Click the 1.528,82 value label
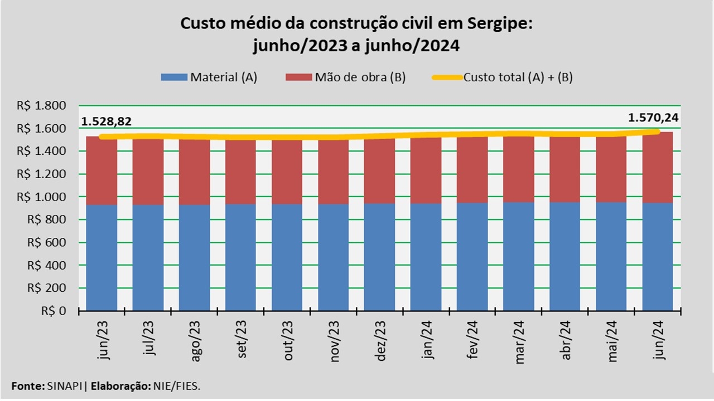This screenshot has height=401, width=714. pyautogui.click(x=107, y=122)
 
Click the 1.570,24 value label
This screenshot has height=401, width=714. pyautogui.click(x=651, y=118)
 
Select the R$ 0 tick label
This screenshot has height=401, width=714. pyautogui.click(x=54, y=311)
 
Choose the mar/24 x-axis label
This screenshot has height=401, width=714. pyautogui.click(x=520, y=340)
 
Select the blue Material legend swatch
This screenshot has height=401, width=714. pyautogui.click(x=174, y=77)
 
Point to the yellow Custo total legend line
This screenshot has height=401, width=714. pyautogui.click(x=447, y=77)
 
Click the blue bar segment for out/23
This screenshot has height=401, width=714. pyautogui.click(x=287, y=256)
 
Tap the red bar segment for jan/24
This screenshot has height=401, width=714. pyautogui.click(x=426, y=170)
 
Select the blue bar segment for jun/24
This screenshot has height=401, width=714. pyautogui.click(x=658, y=256)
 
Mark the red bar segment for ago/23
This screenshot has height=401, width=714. pyautogui.click(x=194, y=173)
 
